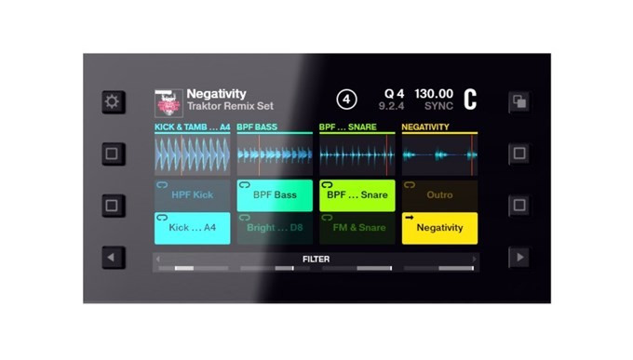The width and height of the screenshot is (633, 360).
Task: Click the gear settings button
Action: point(112,101)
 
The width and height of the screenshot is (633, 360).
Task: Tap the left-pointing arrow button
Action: point(112,257)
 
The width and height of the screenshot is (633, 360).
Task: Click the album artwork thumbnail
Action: point(168,102)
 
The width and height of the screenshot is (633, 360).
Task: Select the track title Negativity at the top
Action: point(216,94)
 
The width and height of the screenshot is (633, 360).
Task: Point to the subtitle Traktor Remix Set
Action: point(230,107)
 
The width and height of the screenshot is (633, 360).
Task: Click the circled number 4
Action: point(346,100)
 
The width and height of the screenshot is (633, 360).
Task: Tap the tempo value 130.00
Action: point(433,94)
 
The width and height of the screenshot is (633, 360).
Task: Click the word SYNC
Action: point(438,107)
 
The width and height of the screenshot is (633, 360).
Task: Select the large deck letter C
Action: point(470,100)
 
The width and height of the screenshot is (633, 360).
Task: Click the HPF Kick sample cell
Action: point(192,195)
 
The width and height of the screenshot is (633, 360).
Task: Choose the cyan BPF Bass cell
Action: point(274,195)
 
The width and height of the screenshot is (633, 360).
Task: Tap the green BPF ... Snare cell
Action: point(357,195)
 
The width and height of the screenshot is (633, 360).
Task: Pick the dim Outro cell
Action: point(439,195)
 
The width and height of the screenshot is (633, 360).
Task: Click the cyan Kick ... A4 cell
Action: point(192,228)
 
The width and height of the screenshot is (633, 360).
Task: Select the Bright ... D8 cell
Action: point(274,228)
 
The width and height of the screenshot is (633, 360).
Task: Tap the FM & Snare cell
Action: point(357,228)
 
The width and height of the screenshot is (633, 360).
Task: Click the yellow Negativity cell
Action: point(439,228)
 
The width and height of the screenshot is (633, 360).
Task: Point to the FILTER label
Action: point(316,260)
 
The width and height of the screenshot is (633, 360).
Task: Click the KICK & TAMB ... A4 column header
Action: point(192,127)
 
